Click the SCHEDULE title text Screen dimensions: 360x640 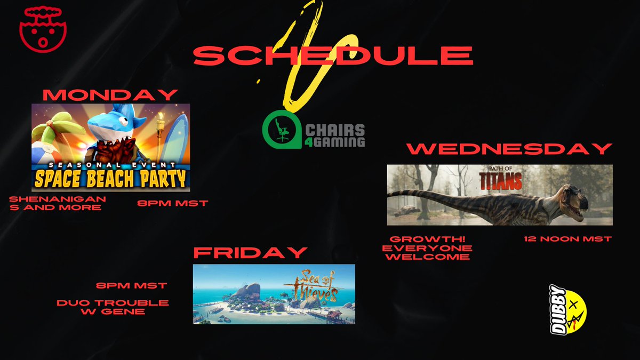333,55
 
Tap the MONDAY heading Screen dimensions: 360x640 110,95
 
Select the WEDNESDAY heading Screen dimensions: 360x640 509,149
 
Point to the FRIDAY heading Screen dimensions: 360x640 250,252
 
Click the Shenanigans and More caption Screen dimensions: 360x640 58,203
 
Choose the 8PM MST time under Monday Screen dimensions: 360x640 172,203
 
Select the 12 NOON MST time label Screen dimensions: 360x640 567,239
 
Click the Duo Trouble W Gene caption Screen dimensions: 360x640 113,307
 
